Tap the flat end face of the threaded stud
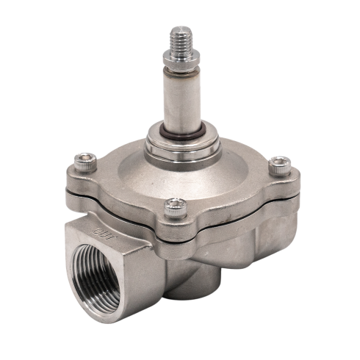181,29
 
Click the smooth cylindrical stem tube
181,101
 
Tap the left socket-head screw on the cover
85,162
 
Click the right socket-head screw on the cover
280,166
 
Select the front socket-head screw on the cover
176,208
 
